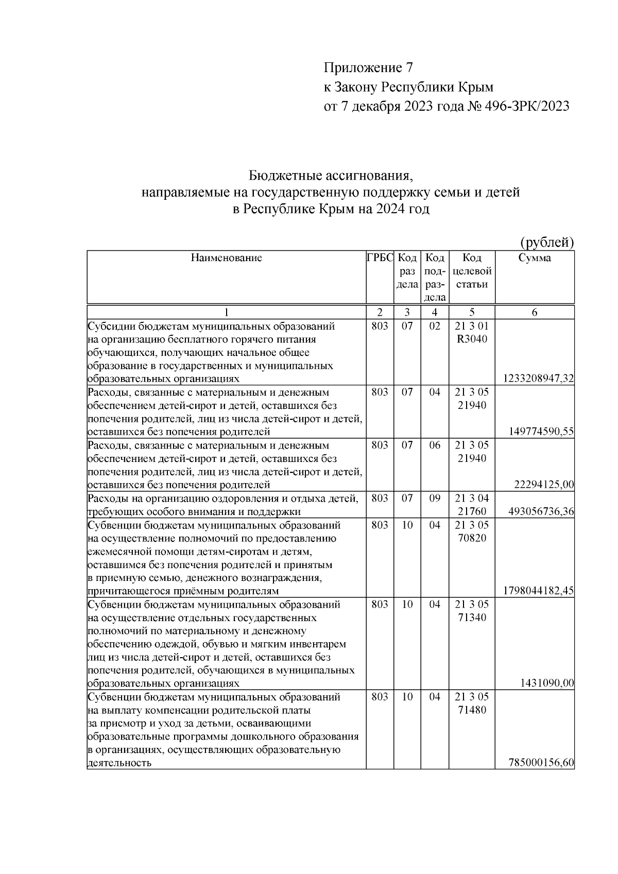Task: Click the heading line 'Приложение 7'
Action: point(368,68)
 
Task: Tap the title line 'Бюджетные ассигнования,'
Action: point(331,176)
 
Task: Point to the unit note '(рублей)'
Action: point(546,242)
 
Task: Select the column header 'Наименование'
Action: point(226,258)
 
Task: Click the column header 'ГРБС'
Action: point(380,258)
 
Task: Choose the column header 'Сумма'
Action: point(534,258)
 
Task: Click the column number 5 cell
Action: point(472,312)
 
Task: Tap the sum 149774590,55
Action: point(541,432)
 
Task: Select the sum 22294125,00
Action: point(543,485)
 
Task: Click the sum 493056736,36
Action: point(541,511)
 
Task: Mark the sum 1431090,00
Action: point(547,683)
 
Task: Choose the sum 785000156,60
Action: point(541,763)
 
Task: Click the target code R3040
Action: point(472,339)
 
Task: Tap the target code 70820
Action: point(472,538)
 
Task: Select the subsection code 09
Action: point(435,499)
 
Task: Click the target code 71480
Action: point(472,710)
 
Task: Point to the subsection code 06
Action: point(435,445)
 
